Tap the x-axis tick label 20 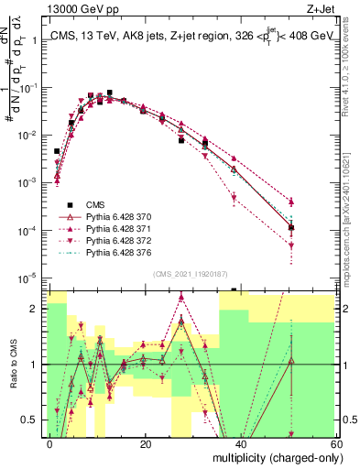pyautogui.click(x=146, y=443)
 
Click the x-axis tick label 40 pyautogui.click(x=239, y=443)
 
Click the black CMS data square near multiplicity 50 pyautogui.click(x=291, y=227)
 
